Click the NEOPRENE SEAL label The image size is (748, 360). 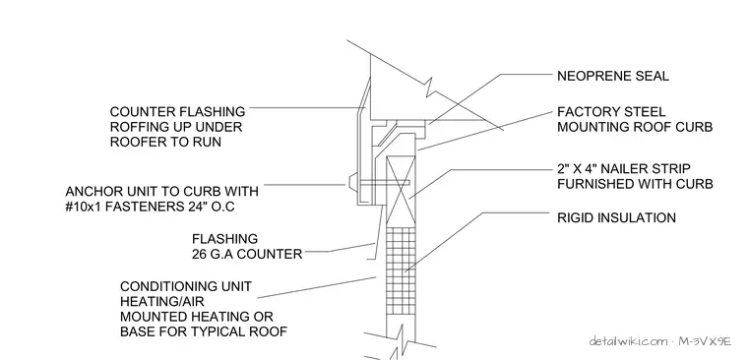613,76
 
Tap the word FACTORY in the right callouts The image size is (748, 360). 582,112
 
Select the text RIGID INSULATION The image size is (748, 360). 616,218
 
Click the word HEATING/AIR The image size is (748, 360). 162,302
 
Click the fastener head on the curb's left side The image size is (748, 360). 350,183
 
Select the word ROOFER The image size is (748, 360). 134,142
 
